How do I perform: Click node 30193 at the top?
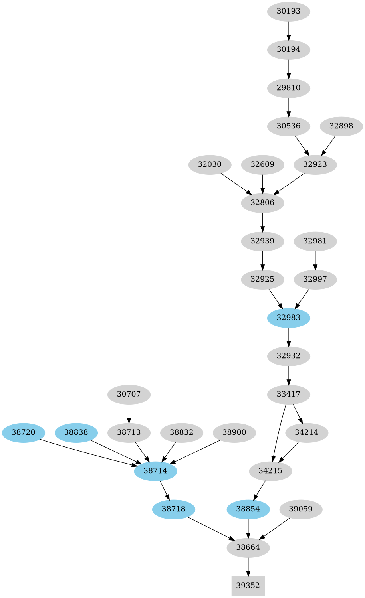click(288, 11)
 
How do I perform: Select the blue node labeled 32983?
click(288, 318)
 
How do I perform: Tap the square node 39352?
click(248, 586)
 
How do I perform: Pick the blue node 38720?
click(24, 432)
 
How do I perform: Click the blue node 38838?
click(76, 432)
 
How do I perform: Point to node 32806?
click(262, 203)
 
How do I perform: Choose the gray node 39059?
click(301, 509)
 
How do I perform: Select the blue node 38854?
click(248, 509)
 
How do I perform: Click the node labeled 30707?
click(129, 394)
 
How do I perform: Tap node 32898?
click(341, 126)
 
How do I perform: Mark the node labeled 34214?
click(307, 432)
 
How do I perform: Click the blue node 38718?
click(174, 509)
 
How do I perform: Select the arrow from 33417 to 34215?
click(278, 433)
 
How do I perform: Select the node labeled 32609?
click(262, 164)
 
